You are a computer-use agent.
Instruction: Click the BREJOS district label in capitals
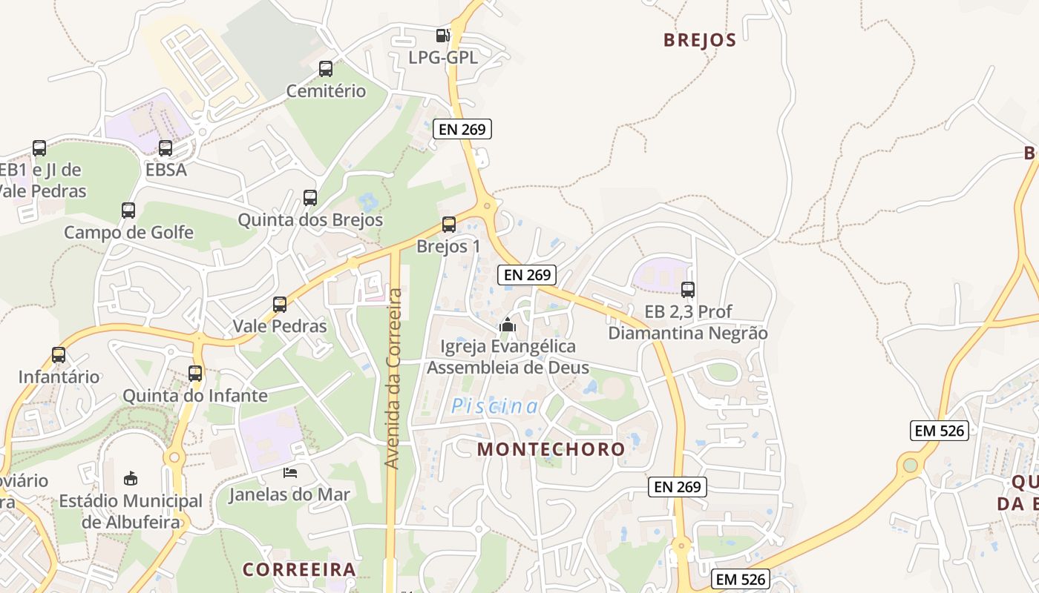click(700, 40)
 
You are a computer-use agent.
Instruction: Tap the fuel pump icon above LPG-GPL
click(442, 35)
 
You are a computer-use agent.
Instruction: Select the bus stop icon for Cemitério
click(326, 69)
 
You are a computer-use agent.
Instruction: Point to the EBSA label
click(166, 170)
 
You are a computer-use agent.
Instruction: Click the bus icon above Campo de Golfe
click(128, 211)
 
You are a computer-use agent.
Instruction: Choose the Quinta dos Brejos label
click(310, 220)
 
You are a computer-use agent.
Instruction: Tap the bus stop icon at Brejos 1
click(448, 225)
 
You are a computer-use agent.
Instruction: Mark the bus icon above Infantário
click(59, 355)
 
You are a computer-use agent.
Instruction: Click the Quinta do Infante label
click(195, 395)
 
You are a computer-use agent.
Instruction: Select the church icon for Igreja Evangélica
click(508, 325)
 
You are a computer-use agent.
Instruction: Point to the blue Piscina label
click(496, 406)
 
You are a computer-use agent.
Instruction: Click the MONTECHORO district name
click(551, 449)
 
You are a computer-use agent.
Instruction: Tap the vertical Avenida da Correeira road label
click(393, 378)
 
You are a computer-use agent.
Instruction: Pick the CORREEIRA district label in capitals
click(299, 569)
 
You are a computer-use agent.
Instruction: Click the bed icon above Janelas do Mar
click(289, 473)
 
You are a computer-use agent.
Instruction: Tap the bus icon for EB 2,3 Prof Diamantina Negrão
click(688, 290)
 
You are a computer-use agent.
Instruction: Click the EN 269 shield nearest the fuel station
click(462, 129)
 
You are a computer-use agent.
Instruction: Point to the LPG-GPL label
click(443, 57)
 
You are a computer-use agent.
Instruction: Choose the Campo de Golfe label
click(128, 233)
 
